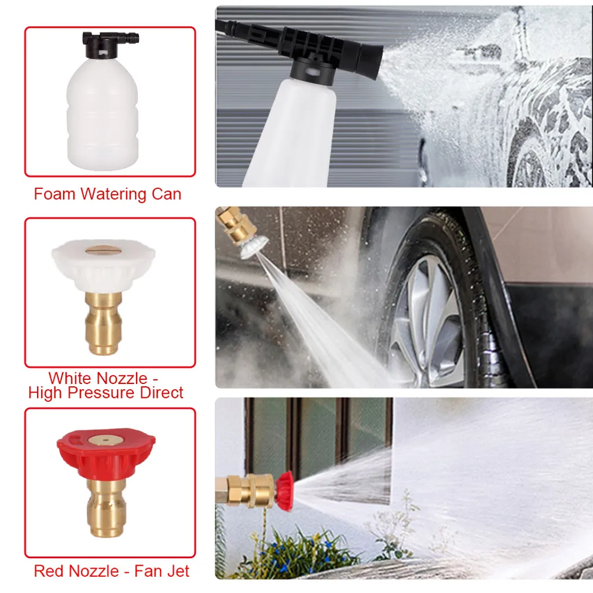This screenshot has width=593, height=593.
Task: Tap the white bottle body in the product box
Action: tap(103, 114)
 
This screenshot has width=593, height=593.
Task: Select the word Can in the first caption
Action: tap(166, 194)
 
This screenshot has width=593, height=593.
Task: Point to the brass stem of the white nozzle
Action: tap(104, 323)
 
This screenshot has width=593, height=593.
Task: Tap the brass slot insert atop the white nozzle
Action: tap(101, 250)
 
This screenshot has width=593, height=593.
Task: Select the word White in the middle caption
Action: tap(71, 378)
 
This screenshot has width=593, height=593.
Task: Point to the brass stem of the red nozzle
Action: tap(106, 507)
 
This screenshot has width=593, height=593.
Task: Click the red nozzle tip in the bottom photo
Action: tap(285, 491)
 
